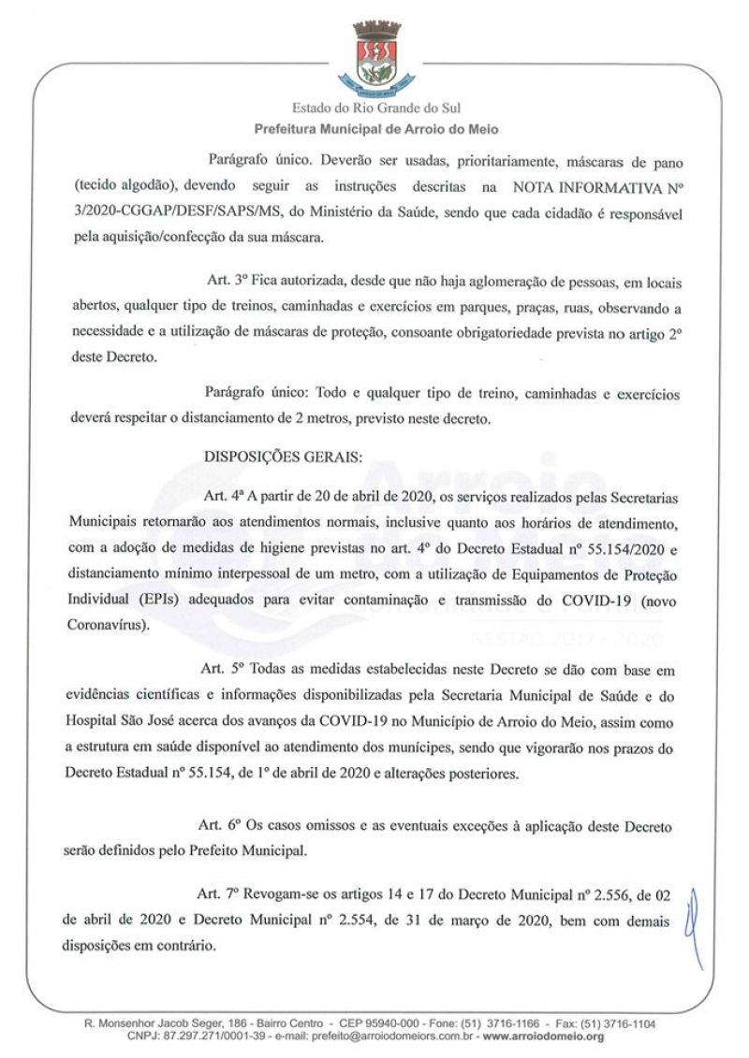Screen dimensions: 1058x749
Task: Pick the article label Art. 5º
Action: point(223,669)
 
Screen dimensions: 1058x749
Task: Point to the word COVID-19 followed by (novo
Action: point(587,598)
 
